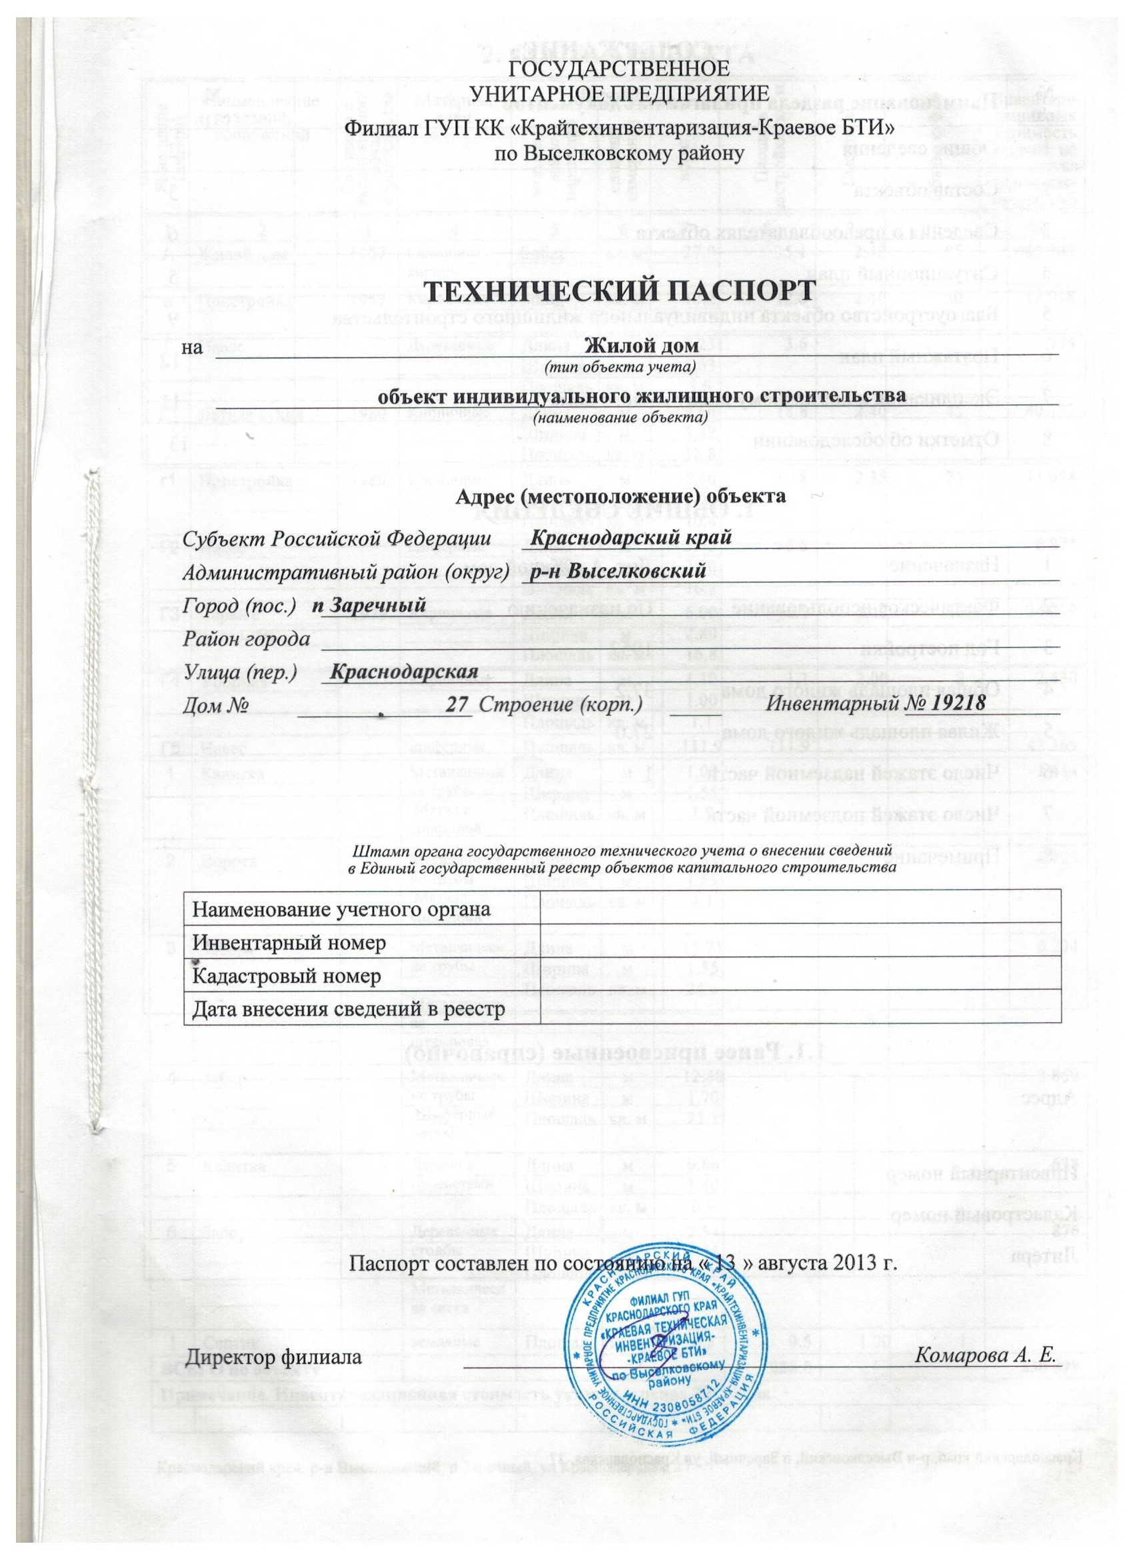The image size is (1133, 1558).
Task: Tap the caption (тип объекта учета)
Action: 620,369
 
